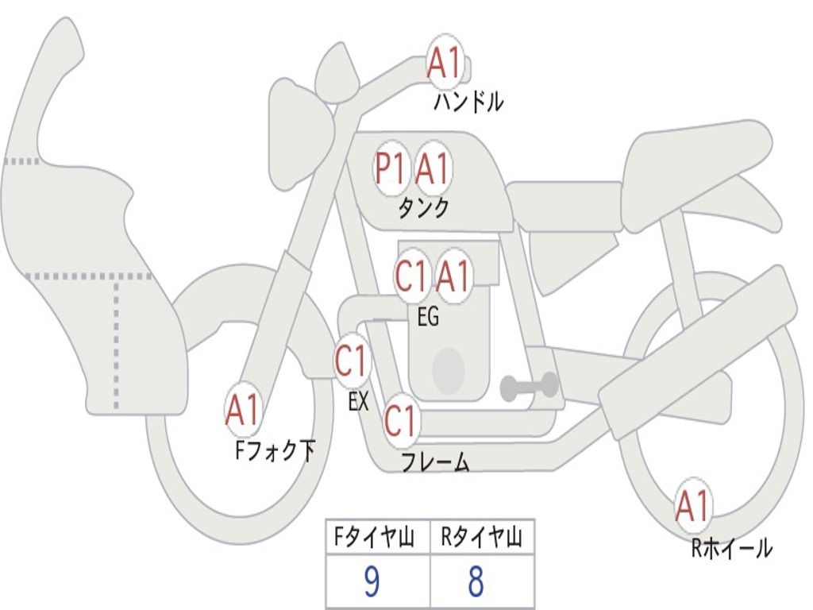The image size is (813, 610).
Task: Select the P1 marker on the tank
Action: (391, 168)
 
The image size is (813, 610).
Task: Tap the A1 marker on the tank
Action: (433, 168)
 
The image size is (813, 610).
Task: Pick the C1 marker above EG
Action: (411, 276)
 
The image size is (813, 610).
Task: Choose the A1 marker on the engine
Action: (453, 276)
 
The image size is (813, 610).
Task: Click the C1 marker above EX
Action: (351, 362)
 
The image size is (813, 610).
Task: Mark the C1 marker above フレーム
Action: (401, 420)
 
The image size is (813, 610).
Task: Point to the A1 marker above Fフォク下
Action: (243, 411)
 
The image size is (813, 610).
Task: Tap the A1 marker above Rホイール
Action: (692, 506)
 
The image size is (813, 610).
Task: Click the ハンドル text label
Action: (468, 102)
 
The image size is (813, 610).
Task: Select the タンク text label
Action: (423, 208)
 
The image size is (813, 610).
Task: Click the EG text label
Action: (428, 317)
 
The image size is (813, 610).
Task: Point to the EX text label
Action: (358, 402)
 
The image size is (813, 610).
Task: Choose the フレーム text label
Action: (435, 462)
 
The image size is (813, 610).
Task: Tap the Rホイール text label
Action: (731, 548)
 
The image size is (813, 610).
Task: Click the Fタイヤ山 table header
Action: (377, 539)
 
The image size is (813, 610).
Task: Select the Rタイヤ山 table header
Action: (482, 539)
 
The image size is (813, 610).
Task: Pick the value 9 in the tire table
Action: (372, 583)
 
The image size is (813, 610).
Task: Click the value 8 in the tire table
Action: (476, 583)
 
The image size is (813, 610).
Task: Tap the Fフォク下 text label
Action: (275, 451)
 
